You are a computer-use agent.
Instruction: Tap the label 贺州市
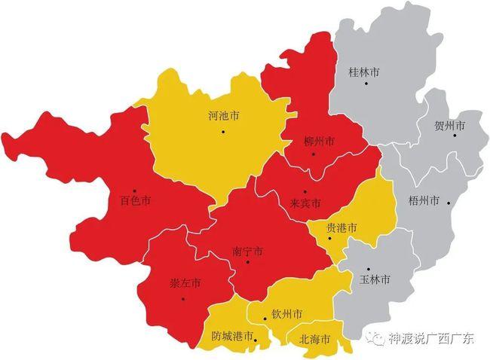[x=449, y=124]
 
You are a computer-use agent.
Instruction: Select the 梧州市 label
[x=423, y=201]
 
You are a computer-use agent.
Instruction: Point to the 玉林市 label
[x=375, y=279]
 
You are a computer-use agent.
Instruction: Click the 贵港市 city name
[x=341, y=227]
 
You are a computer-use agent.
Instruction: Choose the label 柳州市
[x=319, y=142]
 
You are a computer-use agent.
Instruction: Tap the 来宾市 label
[x=305, y=203]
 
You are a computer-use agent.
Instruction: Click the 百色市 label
[x=136, y=201]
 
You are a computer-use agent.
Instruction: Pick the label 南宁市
[x=248, y=251]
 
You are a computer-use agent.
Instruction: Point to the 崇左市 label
[x=185, y=284]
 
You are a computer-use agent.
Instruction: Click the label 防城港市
[x=232, y=336]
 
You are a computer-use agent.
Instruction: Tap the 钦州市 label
[x=287, y=313]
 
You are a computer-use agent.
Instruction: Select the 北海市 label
[x=314, y=340]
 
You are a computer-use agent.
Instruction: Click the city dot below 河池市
[x=223, y=132]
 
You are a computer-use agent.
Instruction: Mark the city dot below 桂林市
[x=366, y=84]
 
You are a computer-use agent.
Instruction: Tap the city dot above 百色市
[x=134, y=191]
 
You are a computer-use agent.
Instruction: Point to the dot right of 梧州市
[x=449, y=201]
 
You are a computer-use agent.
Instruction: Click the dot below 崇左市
[x=182, y=298]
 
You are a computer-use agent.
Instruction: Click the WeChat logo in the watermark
[x=375, y=338]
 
